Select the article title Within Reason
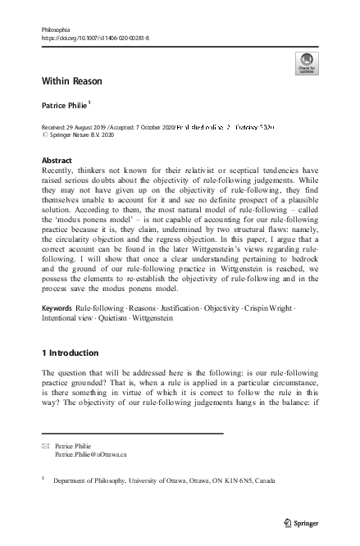tap(72, 83)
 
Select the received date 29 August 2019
tap(89, 129)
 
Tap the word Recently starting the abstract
tap(61, 171)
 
